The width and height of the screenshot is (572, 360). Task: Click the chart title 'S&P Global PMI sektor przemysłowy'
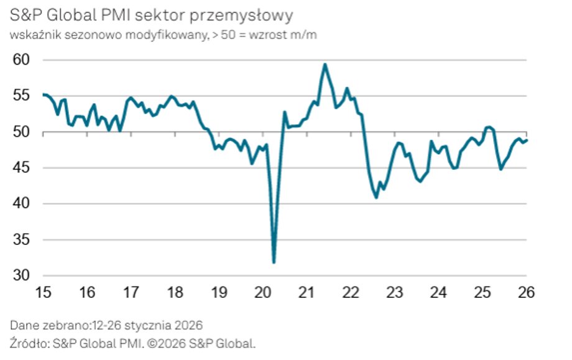pos(152,14)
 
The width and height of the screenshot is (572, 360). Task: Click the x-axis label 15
pos(43,292)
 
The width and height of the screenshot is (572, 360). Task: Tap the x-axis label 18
pos(175,292)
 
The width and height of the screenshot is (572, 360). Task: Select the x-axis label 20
pos(262,292)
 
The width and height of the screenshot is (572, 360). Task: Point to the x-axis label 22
pos(351,292)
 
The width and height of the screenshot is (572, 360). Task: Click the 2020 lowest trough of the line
pos(274,262)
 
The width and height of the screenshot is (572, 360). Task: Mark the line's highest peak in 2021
pos(325,64)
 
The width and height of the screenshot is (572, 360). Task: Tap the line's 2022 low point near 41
pos(376,198)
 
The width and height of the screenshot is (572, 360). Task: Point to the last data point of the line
pos(527,140)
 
